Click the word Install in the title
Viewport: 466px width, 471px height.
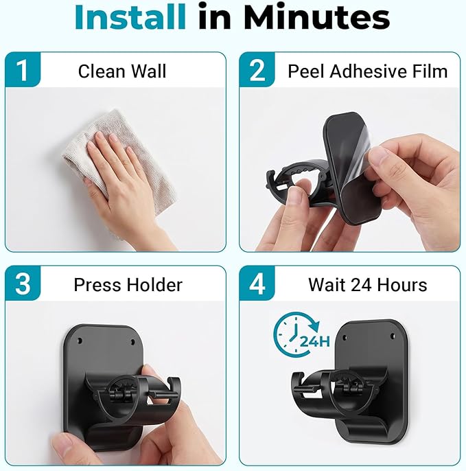pos(130,16)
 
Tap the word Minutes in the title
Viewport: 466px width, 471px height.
pos(317,16)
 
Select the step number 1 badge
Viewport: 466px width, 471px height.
pos(23,69)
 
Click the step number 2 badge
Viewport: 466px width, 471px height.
pos(257,69)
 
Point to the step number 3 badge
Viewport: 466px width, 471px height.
pos(23,283)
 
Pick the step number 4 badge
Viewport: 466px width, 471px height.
pos(257,283)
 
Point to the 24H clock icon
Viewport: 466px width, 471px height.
pos(301,334)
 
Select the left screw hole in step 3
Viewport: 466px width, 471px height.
pos(80,341)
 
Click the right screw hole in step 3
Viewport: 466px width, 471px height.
pos(132,341)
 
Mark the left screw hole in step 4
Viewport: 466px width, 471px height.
pos(345,338)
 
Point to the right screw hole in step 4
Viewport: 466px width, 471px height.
pos(392,336)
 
